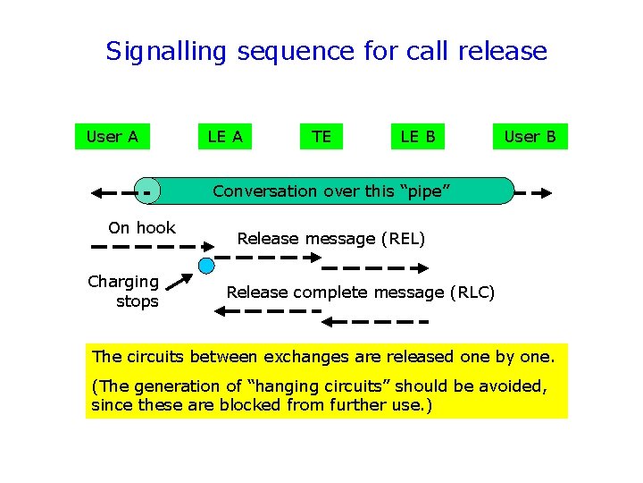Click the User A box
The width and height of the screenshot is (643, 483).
click(112, 137)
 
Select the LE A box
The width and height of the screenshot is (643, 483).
click(225, 137)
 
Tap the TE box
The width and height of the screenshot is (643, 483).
click(321, 137)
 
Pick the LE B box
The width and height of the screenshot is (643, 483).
click(418, 137)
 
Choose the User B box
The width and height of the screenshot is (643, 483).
click(530, 137)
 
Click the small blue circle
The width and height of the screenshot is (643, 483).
click(206, 265)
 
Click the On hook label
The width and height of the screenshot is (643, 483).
click(142, 228)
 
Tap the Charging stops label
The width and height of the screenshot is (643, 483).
click(124, 292)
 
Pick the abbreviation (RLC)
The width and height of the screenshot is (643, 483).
click(473, 292)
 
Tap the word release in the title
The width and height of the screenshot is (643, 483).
click(502, 51)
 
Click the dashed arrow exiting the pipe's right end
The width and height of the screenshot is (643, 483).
click(534, 191)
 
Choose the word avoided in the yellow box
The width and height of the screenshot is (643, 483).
click(512, 386)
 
